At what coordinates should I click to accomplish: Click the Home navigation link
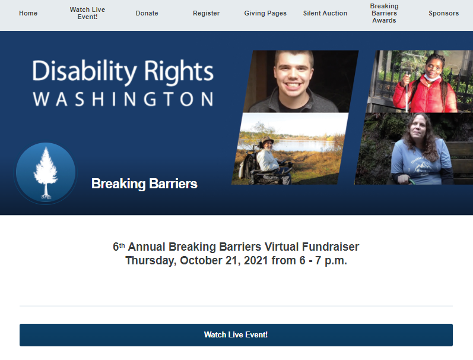tap(28, 13)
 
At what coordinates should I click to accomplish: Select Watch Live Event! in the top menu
tap(87, 13)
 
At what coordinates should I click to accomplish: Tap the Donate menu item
tap(147, 13)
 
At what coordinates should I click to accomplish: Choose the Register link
tap(207, 13)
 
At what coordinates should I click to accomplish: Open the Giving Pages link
tap(265, 13)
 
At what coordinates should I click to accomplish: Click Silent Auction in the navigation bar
tap(325, 13)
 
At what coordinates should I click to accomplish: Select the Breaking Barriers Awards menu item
tap(385, 13)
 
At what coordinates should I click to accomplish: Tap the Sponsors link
tap(444, 13)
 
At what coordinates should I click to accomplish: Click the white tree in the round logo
tap(46, 173)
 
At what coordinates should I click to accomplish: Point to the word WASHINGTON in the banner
tap(123, 99)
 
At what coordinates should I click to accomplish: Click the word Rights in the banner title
tap(179, 71)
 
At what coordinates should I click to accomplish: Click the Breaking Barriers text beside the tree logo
tap(144, 184)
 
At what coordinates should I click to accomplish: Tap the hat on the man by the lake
tap(267, 140)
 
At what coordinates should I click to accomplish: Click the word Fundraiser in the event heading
tap(331, 247)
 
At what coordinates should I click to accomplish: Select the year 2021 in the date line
tap(256, 260)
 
